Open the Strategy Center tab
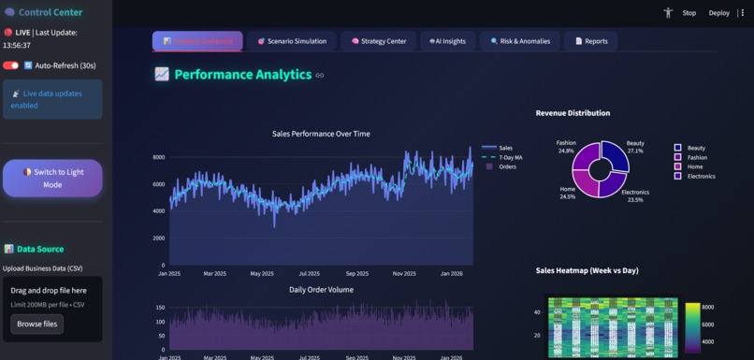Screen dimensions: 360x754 click(378, 41)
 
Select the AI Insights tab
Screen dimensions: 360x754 click(446, 41)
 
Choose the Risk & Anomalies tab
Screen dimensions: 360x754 click(520, 41)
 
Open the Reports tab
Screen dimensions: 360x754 click(591, 41)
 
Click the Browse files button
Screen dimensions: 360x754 click(37, 324)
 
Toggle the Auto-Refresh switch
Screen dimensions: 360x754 click(11, 65)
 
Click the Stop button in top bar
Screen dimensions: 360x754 click(689, 13)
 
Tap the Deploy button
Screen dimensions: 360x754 click(718, 13)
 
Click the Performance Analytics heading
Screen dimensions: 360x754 click(242, 75)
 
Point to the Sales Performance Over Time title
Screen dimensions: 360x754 click(321, 134)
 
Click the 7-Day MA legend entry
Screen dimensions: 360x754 click(511, 157)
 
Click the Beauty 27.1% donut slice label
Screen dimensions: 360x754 click(635, 147)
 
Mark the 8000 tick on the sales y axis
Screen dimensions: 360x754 click(159, 157)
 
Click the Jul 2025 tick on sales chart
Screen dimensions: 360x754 click(309, 274)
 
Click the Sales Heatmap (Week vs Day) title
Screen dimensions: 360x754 click(587, 270)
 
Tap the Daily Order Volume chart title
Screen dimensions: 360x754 click(321, 289)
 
